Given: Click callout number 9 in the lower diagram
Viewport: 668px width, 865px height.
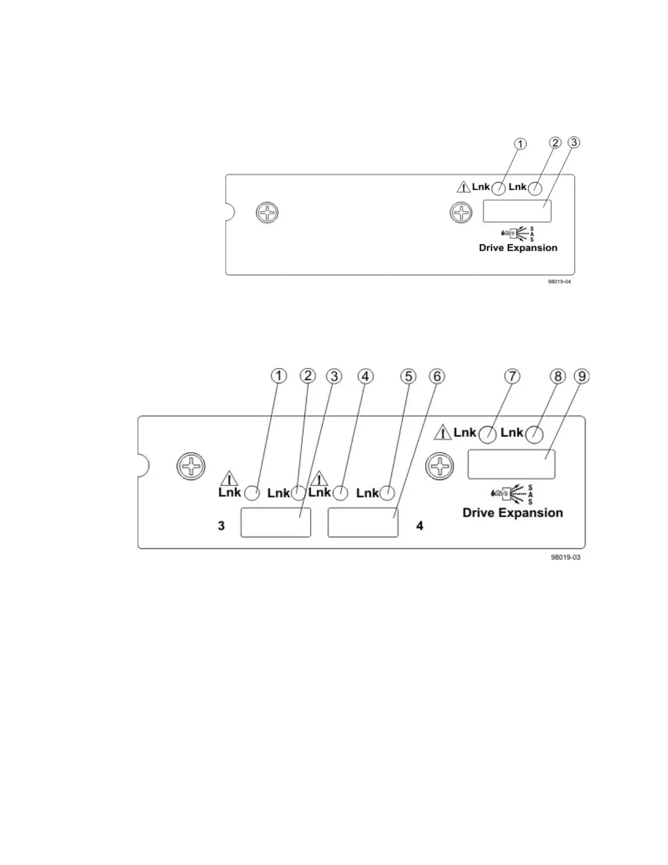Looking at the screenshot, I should tap(583, 376).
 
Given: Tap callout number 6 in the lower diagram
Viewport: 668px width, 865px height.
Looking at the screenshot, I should tap(437, 376).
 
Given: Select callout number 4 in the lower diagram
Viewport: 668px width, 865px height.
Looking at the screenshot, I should tap(365, 376).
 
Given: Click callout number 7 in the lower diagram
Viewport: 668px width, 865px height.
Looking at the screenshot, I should tap(512, 376).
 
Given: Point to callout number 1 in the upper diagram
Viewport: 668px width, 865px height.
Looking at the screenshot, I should tap(521, 144).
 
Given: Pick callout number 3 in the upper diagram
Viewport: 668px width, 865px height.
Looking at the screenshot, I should tap(574, 143).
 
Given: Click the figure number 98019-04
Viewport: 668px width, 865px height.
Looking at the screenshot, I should tap(559, 282).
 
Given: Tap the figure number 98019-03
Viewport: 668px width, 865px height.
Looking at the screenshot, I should tap(565, 558).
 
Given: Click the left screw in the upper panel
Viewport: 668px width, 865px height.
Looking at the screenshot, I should tap(267, 212).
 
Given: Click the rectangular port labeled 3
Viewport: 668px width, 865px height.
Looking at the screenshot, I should tap(276, 523).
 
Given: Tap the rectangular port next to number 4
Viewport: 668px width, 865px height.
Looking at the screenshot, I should tap(363, 523).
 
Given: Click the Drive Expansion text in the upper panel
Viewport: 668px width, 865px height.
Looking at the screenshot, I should tap(518, 248).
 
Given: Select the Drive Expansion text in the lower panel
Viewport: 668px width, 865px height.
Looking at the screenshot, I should tap(512, 513).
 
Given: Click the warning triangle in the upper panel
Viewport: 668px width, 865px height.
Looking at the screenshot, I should tap(463, 187).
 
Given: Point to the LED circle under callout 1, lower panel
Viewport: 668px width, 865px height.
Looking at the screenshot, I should tap(252, 493).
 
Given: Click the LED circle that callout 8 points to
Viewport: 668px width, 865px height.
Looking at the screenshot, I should tap(534, 435).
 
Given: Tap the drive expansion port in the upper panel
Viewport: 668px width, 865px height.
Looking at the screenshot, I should tap(517, 211).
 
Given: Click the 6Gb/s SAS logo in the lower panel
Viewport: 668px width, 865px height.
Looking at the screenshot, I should tap(512, 494).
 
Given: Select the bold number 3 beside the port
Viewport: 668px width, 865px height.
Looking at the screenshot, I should tap(221, 526).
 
